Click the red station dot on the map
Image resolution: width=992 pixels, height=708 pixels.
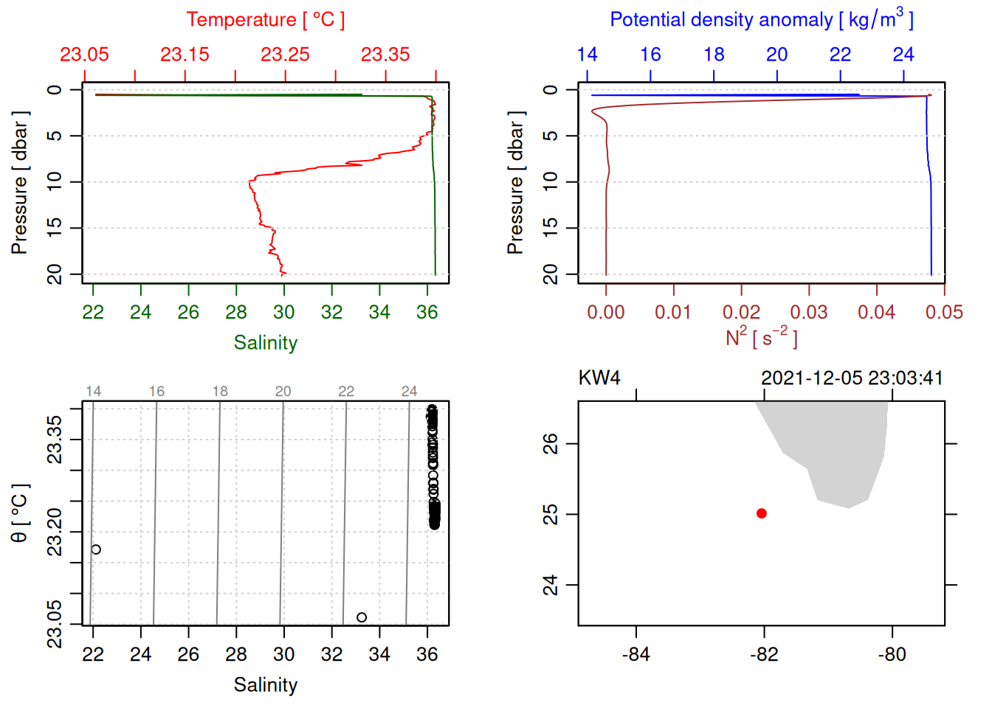[x=762, y=513]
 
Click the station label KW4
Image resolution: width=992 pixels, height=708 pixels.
[x=599, y=378]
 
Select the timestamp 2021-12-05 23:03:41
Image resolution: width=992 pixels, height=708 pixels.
[x=852, y=378]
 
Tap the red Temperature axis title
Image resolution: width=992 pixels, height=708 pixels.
[x=266, y=20]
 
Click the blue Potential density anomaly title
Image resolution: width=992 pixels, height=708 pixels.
[x=761, y=20]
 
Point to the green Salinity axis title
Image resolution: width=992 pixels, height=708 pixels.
[x=266, y=343]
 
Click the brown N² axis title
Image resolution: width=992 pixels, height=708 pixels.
[x=761, y=337]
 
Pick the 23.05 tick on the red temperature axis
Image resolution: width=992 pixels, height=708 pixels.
[x=84, y=55]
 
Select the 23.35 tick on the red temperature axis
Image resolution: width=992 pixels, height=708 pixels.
[x=385, y=55]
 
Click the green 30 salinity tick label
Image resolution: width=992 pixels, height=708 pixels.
[x=284, y=313]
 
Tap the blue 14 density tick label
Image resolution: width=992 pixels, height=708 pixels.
[x=587, y=55]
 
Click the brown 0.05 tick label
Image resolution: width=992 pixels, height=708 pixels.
[x=944, y=313]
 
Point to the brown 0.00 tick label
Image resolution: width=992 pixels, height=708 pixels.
[x=606, y=313]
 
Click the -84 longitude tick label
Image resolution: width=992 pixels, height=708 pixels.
[x=636, y=654]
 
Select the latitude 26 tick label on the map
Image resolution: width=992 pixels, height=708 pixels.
[x=551, y=444]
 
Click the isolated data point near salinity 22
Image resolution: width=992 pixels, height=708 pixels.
[x=96, y=549]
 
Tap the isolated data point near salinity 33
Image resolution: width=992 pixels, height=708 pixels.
[x=362, y=617]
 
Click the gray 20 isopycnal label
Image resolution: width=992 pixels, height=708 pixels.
[x=283, y=392]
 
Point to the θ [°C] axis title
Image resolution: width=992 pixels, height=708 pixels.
[x=20, y=513]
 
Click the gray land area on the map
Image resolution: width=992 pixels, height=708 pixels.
[x=834, y=450]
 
